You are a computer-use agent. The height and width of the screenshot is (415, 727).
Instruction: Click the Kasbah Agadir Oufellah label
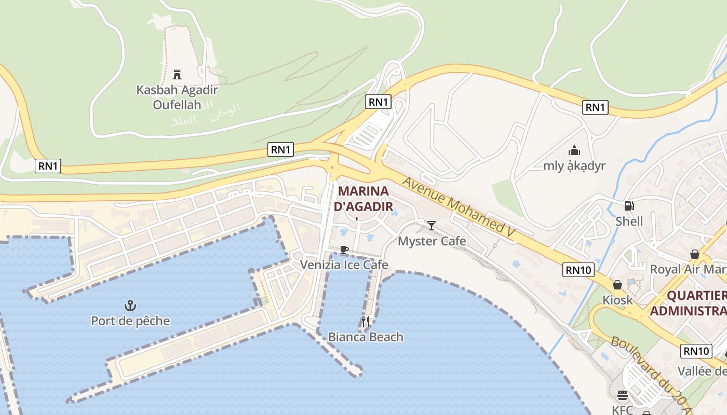click(177, 97)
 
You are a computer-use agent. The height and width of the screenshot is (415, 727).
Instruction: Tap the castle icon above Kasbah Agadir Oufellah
click(177, 74)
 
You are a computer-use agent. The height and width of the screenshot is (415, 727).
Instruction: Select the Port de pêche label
click(130, 321)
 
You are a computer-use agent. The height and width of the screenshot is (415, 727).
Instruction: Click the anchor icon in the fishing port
click(130, 306)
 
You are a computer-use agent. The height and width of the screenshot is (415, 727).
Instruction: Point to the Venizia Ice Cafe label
click(344, 265)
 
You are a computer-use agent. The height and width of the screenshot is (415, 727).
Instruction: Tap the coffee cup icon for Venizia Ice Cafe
click(343, 250)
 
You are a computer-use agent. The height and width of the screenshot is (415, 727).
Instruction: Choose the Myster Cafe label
click(432, 241)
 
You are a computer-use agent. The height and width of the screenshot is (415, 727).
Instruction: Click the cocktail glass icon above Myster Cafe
click(431, 225)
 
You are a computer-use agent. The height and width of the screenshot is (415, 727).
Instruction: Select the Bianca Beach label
click(366, 337)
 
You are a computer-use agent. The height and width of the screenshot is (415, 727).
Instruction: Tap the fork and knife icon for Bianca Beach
click(366, 322)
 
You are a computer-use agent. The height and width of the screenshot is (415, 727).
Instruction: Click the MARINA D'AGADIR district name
click(363, 199)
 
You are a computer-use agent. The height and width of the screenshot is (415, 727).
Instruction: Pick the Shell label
click(629, 222)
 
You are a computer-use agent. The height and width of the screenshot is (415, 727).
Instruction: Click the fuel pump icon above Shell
click(629, 206)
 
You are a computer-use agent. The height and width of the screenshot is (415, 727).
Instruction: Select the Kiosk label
click(617, 300)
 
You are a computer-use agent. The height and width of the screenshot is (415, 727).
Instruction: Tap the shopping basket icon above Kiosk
click(617, 285)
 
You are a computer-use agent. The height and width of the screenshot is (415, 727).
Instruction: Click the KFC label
click(622, 410)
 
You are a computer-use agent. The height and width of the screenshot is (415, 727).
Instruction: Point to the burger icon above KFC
click(622, 395)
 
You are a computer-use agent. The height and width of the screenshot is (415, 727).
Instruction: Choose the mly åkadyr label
click(574, 166)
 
